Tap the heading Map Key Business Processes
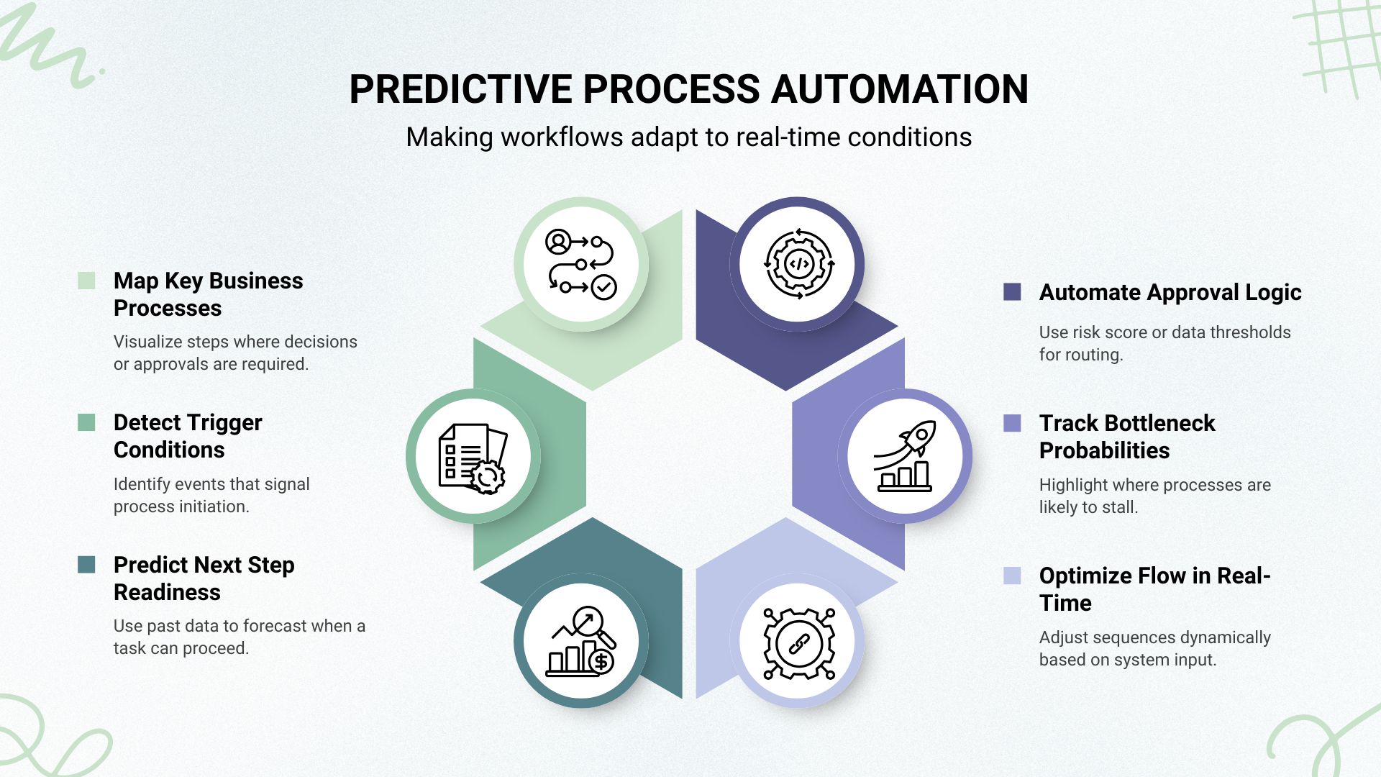pos(208,294)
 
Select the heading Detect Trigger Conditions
pos(188,436)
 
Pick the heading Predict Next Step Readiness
pos(204,578)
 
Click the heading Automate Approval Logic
pos(1170,292)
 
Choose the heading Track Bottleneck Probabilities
pos(1126,437)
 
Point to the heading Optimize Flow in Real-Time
pos(1154,589)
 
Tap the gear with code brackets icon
pos(798,264)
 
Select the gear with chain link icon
pos(798,642)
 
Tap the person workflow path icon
pos(580,264)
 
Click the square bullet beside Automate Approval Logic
pos(1011,291)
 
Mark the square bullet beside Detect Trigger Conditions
pos(86,422)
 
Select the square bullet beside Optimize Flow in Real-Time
pos(1011,576)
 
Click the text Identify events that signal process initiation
pos(211,495)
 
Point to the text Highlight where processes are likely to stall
pos(1154,496)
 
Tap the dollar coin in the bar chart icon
pos(601,662)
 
